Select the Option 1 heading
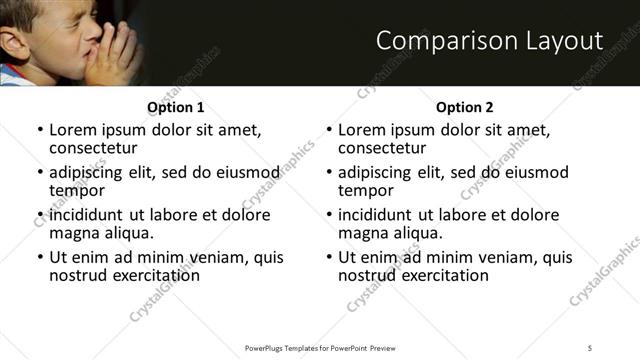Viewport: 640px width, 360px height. [x=175, y=107]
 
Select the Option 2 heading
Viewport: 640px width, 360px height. [x=464, y=107]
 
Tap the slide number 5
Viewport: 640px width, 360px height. [x=590, y=347]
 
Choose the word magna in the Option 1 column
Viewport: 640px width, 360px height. [x=74, y=233]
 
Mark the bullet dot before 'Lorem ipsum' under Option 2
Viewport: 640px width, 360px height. [x=329, y=131]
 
